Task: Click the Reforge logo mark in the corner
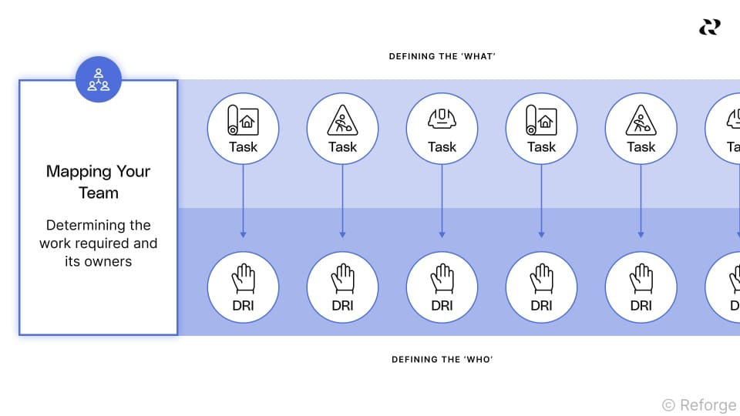click(x=709, y=27)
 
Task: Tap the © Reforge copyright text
click(x=699, y=404)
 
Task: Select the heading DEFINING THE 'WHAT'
click(x=442, y=56)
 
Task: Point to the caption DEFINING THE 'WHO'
click(x=442, y=359)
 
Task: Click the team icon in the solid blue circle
click(x=99, y=79)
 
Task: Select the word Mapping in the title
click(x=70, y=172)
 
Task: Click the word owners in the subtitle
click(x=108, y=261)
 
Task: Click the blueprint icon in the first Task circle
click(x=243, y=121)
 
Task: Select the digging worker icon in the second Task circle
click(x=342, y=121)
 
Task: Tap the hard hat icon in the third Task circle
click(x=442, y=119)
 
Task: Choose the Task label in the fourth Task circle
click(x=541, y=146)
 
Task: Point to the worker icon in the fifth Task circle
click(x=641, y=121)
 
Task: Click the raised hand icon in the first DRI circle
click(x=243, y=278)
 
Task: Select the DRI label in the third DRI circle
click(x=442, y=305)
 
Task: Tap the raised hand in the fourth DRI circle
click(x=541, y=278)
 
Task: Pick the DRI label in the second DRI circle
click(x=342, y=305)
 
